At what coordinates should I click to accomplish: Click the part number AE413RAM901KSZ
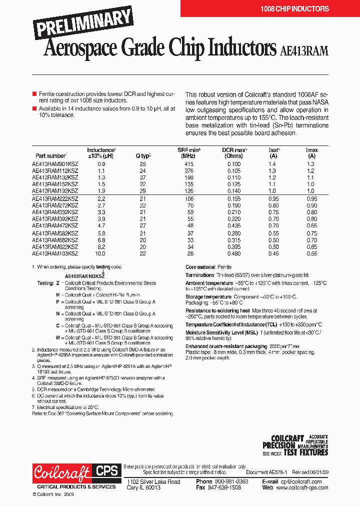tap(55, 164)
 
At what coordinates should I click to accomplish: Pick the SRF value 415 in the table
tap(188, 164)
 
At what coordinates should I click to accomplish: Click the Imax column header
tap(311, 153)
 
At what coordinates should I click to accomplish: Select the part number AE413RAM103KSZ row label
tap(55, 254)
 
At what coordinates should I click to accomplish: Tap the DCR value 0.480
tap(233, 254)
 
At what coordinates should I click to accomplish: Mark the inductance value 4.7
tap(101, 226)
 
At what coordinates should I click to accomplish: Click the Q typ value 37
tap(143, 177)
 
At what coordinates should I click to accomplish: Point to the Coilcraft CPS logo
tap(76, 473)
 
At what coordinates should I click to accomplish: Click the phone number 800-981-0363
tap(229, 481)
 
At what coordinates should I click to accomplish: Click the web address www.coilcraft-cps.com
tap(302, 487)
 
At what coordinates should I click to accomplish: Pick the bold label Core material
tap(200, 267)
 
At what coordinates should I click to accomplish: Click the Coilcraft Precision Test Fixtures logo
tap(295, 445)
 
